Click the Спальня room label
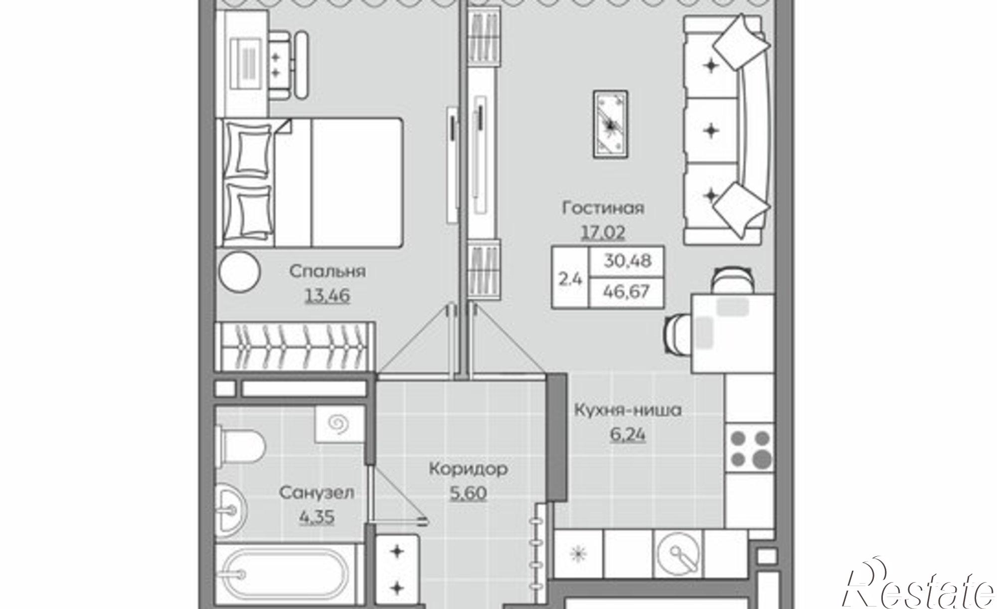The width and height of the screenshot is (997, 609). point(327,272)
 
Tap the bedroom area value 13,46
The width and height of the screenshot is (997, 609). point(327,296)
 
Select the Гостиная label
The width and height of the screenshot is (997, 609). point(603,208)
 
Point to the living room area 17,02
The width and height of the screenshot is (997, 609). point(603,232)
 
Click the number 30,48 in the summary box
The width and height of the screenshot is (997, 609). point(627,260)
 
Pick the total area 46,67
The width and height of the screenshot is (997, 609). point(627,291)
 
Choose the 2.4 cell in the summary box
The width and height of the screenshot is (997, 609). point(570,279)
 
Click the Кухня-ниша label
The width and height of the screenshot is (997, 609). point(628,411)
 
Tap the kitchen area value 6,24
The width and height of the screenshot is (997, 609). point(628,435)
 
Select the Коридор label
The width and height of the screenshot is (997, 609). point(469,469)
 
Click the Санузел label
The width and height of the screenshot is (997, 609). point(317,493)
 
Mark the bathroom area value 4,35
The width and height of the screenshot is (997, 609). point(317,517)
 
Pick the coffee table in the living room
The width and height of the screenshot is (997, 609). point(610,124)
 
